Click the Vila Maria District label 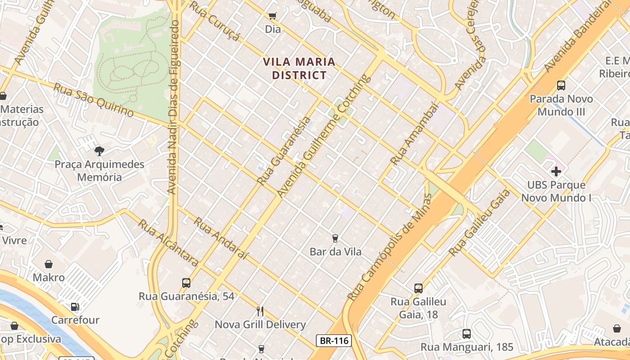point(299,68)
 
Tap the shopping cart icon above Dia point(272,16)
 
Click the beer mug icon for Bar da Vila point(335,238)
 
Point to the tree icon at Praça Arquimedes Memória point(99,151)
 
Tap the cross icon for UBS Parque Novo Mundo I point(556,171)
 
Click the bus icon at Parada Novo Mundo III point(561,85)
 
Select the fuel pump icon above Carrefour point(75,307)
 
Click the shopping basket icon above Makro point(49,264)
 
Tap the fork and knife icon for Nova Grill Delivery point(260,311)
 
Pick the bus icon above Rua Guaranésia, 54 point(186,283)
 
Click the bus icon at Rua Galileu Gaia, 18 point(418,288)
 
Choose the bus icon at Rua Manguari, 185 point(467,334)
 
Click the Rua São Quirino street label point(94,100)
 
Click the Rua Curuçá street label point(214,21)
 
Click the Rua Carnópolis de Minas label point(390,247)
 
